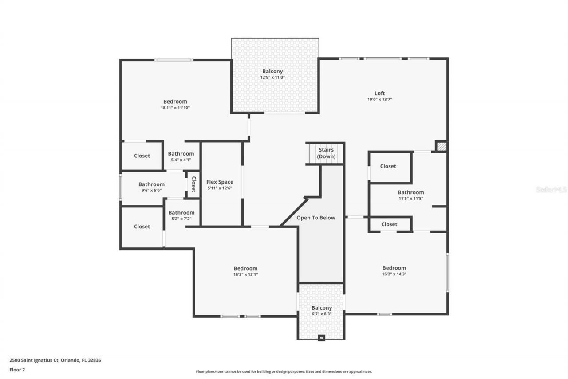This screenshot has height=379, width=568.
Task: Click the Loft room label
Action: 379,93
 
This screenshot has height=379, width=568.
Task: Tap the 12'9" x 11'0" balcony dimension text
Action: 272,77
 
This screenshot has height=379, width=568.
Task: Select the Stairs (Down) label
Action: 327,153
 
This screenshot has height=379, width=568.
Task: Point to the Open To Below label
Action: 316,218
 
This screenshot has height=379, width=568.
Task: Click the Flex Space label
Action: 220,182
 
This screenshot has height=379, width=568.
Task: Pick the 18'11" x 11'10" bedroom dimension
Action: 175,108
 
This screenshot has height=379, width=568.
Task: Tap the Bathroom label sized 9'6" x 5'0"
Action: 151,184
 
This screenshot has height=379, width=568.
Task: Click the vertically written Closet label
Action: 194,184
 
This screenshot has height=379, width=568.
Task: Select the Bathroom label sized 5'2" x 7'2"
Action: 181,213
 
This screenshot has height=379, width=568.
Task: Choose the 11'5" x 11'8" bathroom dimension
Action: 410,199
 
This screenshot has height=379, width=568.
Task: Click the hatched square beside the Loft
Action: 442,146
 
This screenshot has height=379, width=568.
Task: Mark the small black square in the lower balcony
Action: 322,337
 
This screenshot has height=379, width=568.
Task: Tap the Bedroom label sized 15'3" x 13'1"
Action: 245,268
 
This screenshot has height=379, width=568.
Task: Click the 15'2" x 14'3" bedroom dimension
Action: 394,274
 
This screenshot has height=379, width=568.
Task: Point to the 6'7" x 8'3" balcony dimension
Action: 321,314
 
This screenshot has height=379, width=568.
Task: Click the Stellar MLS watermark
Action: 551,189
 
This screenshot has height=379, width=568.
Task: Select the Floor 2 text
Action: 17,369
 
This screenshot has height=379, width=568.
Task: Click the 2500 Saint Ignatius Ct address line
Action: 55,360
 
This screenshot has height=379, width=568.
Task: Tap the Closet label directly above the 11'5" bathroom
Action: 388,166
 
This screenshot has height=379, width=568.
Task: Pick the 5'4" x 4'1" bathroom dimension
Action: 181,160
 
